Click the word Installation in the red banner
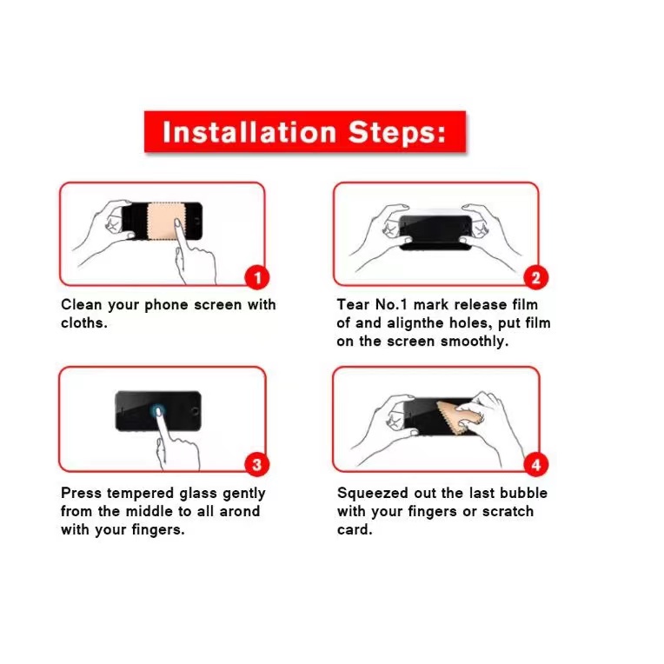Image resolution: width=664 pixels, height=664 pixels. coord(249,132)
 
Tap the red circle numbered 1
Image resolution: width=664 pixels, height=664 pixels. coord(257,278)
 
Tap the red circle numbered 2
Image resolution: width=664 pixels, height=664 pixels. coord(535,278)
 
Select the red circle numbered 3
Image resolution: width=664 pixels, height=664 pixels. coord(256,465)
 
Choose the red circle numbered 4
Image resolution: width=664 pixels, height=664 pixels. coord(536,465)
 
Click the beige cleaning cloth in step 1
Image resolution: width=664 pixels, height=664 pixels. coord(166,221)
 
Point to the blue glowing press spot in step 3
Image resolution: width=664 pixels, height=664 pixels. coord(158,410)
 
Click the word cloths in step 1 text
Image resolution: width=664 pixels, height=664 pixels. coord(83,322)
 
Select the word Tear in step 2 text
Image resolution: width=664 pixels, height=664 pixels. coord(353,304)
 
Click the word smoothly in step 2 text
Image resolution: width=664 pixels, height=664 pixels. coord(475,342)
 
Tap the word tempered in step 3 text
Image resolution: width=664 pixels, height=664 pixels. coord(140,494)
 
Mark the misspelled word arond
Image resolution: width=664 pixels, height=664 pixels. coord(240,511)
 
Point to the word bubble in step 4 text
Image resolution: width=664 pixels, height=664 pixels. coord(523,493)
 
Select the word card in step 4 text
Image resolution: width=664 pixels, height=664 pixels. coord(355,529)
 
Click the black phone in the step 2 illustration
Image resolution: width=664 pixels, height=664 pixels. coord(435,232)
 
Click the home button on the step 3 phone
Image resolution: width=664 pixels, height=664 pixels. coord(195,411)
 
